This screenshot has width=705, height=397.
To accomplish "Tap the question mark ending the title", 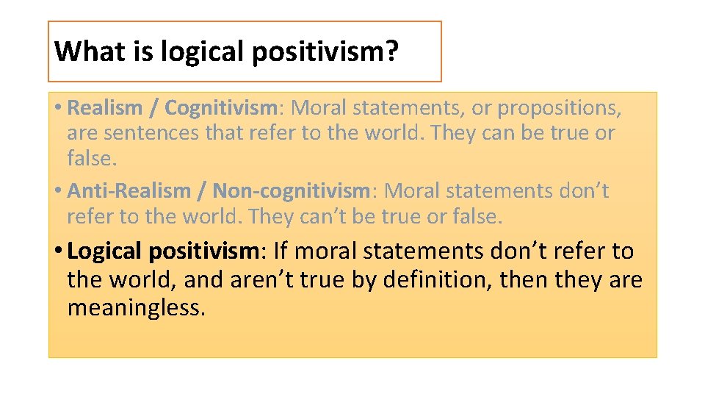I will pyautogui.click(x=391, y=51).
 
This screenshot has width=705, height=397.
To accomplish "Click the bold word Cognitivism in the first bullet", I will pyautogui.click(x=220, y=108).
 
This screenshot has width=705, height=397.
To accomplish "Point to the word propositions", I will pyautogui.click(x=560, y=108).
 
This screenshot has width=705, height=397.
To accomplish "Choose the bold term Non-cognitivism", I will pyautogui.click(x=291, y=191).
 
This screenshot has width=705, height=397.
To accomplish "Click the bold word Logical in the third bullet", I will pyautogui.click(x=104, y=251).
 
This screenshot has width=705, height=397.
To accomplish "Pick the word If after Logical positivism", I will pyautogui.click(x=280, y=251).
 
